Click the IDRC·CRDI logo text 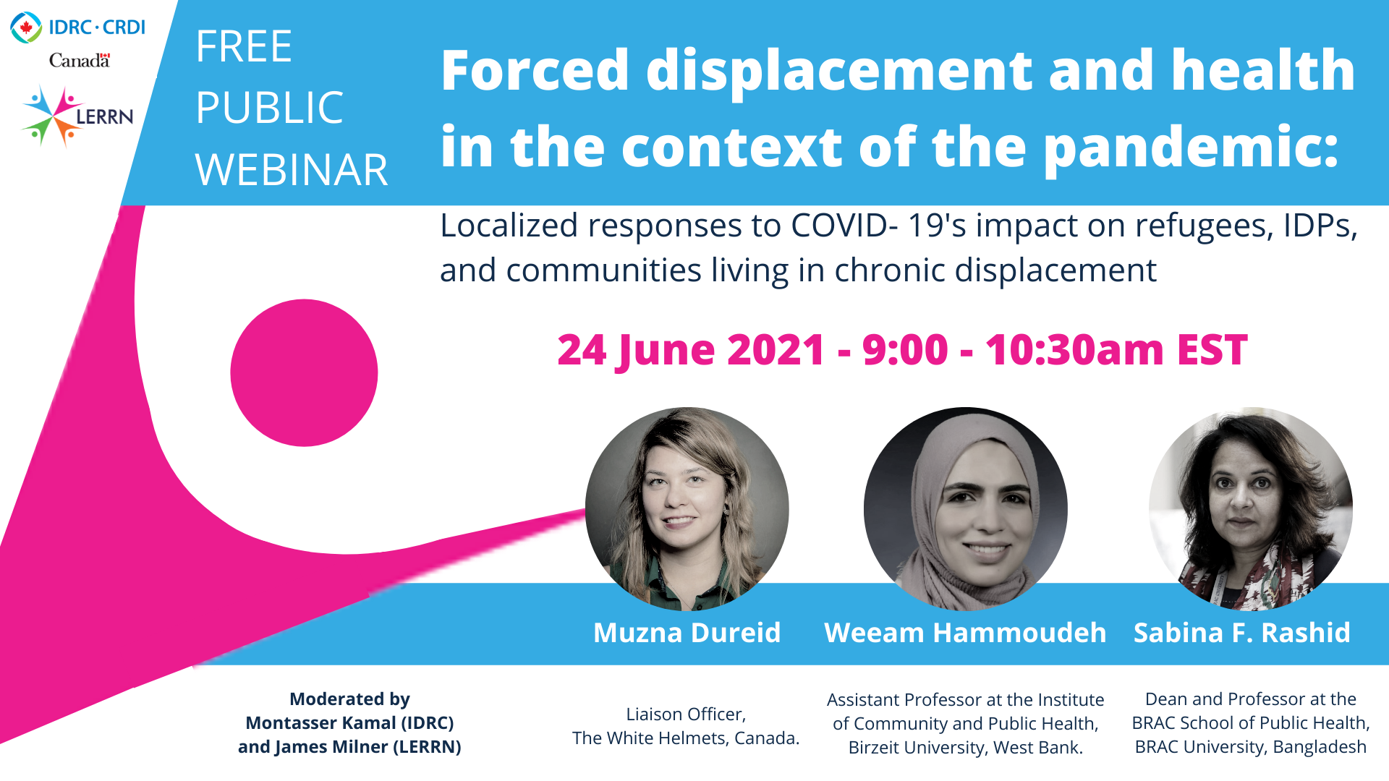click(x=97, y=27)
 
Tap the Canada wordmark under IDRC click(x=80, y=61)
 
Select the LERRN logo click(x=78, y=116)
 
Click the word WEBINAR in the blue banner click(x=292, y=170)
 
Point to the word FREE click(x=244, y=47)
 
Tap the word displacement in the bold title click(x=840, y=70)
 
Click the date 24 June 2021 click(x=691, y=351)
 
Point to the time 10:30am click(x=1074, y=350)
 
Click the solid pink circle click(x=304, y=373)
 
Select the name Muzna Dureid click(x=687, y=633)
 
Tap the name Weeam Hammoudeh click(x=965, y=633)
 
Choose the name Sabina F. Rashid click(x=1242, y=633)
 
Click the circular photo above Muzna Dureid click(x=687, y=509)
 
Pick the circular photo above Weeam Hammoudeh click(x=965, y=509)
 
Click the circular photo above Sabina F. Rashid click(x=1251, y=509)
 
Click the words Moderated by click(x=349, y=699)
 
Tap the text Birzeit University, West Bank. click(x=966, y=748)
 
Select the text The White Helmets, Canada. click(x=686, y=738)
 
